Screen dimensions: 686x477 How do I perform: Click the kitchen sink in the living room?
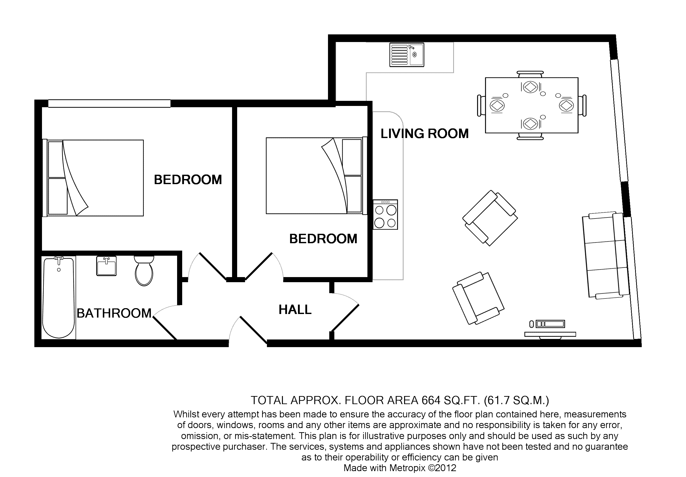coord(407,55)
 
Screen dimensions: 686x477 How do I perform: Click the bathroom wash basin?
coord(106,266)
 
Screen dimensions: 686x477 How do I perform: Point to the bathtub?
coord(59,297)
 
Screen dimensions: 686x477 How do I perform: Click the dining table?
coord(532,105)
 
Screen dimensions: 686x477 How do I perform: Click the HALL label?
coord(295,310)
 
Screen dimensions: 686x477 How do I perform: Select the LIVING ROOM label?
coord(424,134)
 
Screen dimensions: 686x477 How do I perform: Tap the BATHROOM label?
coord(114,313)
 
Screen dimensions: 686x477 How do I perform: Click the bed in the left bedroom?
coord(93,178)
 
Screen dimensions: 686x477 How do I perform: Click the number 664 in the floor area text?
coord(431,400)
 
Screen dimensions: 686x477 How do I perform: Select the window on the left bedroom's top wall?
coord(109,103)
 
